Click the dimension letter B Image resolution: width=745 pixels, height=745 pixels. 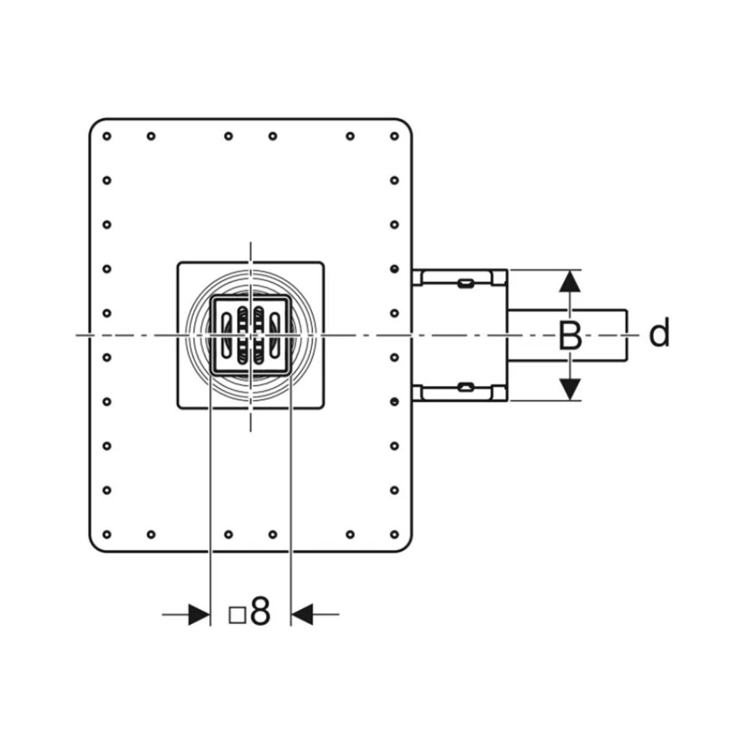tap(571, 336)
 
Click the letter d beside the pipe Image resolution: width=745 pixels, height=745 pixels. tap(659, 333)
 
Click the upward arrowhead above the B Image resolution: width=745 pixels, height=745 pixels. tap(570, 281)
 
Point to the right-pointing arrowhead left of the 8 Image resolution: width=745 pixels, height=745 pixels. tap(199, 614)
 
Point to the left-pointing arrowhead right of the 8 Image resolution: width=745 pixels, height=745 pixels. tap(302, 614)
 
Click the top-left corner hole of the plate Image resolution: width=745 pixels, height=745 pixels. tap(107, 136)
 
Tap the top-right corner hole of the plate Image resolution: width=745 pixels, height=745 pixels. tap(394, 136)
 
